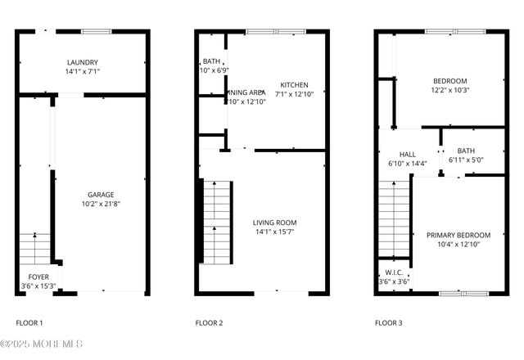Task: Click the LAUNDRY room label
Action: click(83, 62)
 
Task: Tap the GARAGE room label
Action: click(102, 195)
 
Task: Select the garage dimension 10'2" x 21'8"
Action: click(102, 205)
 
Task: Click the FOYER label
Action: click(38, 277)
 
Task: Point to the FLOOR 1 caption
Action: click(29, 323)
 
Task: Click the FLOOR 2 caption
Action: click(209, 323)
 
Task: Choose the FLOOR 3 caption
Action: click(389, 323)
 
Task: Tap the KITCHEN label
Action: click(294, 85)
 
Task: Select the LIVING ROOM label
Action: click(274, 223)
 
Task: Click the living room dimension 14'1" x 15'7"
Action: click(274, 232)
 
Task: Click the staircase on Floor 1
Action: click(34, 246)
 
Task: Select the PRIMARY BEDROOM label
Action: click(457, 236)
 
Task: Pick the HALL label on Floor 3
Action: click(407, 154)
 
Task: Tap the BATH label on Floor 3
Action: click(466, 151)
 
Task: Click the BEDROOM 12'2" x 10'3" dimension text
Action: click(450, 90)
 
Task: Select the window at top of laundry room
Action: click(95, 32)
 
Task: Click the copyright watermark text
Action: click(43, 344)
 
